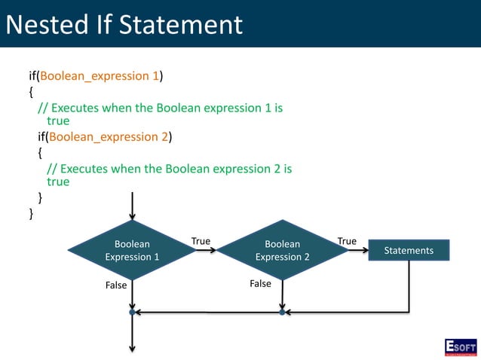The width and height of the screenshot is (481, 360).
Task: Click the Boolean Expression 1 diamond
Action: pyautogui.click(x=132, y=250)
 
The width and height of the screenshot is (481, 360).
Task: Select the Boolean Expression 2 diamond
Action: pyautogui.click(x=283, y=250)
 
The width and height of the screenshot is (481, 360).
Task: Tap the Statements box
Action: pyautogui.click(x=409, y=250)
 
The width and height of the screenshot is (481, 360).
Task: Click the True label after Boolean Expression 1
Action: pyautogui.click(x=201, y=241)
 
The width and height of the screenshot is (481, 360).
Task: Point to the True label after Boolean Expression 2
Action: pyautogui.click(x=347, y=241)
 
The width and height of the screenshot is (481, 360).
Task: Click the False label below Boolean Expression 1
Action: pyautogui.click(x=116, y=285)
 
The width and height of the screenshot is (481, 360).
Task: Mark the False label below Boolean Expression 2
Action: pyautogui.click(x=260, y=284)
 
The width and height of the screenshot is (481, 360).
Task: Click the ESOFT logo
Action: pyautogui.click(x=460, y=347)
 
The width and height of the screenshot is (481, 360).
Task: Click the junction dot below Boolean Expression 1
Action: pyautogui.click(x=132, y=312)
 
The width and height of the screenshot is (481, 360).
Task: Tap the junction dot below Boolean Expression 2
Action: pyautogui.click(x=283, y=312)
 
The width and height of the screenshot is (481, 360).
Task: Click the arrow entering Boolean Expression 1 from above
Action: pyautogui.click(x=132, y=206)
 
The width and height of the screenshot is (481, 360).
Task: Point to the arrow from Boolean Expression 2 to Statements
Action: pyautogui.click(x=357, y=250)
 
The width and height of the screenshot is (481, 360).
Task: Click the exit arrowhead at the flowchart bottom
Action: pyautogui.click(x=132, y=347)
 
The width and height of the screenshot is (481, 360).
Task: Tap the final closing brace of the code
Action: pyautogui.click(x=31, y=214)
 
